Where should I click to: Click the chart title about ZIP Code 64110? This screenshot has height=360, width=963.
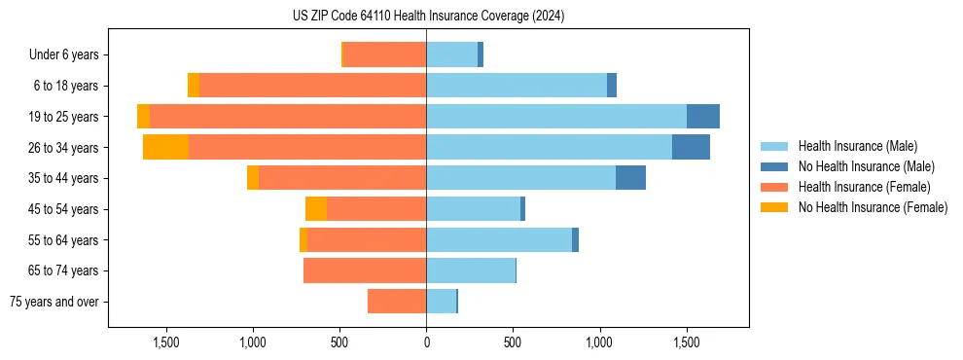point(428,17)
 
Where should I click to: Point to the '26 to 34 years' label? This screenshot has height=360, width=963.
point(64,148)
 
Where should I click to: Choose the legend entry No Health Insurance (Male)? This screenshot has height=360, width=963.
point(866,166)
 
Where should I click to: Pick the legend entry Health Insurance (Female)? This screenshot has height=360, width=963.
point(864,187)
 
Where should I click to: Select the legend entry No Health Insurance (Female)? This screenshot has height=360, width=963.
point(873,207)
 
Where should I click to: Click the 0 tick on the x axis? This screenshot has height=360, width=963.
point(426,342)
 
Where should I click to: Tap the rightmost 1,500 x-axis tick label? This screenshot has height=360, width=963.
point(687,342)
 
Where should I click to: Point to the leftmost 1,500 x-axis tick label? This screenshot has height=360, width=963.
point(166,342)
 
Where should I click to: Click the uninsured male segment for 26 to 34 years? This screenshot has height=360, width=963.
point(691,147)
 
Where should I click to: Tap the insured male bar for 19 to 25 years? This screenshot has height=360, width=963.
point(556,117)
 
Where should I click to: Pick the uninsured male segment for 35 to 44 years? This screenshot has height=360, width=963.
point(630,178)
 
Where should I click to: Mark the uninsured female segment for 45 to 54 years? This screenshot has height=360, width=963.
point(316,209)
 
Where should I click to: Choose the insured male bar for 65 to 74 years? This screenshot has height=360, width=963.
point(471,270)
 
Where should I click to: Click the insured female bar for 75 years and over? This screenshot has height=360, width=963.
point(397,302)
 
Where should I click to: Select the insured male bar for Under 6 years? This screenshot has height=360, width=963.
point(451,54)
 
